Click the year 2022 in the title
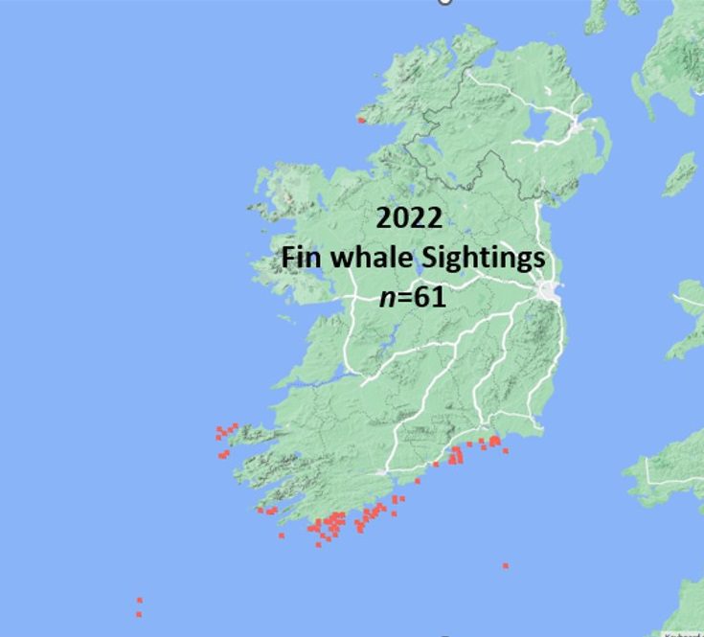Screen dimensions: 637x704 tap(409, 218)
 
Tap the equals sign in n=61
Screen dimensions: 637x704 tap(405, 299)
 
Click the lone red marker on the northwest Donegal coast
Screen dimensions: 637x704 tap(361, 120)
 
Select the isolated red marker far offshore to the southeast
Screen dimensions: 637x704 tap(506, 566)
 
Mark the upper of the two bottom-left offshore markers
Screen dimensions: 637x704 tap(139, 601)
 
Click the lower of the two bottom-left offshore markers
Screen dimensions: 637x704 tap(139, 614)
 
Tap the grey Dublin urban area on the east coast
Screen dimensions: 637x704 tap(550, 291)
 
